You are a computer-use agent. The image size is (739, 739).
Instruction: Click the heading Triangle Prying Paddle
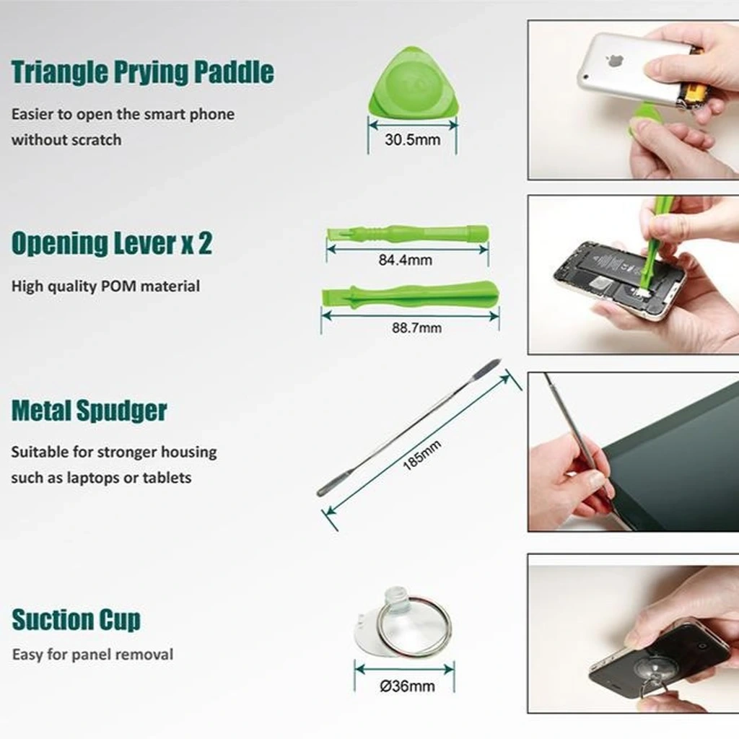[142, 72]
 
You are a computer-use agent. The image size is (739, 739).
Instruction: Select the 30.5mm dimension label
[412, 139]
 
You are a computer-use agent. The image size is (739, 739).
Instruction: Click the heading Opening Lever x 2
[112, 243]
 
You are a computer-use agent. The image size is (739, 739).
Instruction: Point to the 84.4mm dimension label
[406, 260]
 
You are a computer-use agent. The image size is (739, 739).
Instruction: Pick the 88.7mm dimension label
[417, 328]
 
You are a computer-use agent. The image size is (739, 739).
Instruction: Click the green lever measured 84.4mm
[408, 233]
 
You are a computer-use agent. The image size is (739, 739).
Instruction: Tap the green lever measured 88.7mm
[410, 294]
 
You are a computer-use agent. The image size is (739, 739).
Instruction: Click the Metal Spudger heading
[89, 411]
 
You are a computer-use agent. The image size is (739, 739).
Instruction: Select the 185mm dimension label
[421, 455]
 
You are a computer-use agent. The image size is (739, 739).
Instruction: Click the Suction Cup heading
[76, 619]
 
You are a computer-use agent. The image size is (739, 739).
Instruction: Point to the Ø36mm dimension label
[407, 686]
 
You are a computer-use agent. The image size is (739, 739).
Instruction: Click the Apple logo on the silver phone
[613, 61]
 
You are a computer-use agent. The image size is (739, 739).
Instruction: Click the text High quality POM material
[105, 286]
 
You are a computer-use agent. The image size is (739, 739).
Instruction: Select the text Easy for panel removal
[93, 654]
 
